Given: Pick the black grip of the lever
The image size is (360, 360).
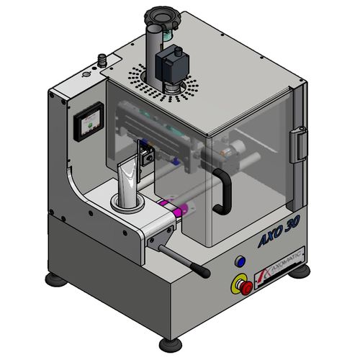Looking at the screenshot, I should point(201,272).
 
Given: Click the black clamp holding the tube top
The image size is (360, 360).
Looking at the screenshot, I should point(147,156).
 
